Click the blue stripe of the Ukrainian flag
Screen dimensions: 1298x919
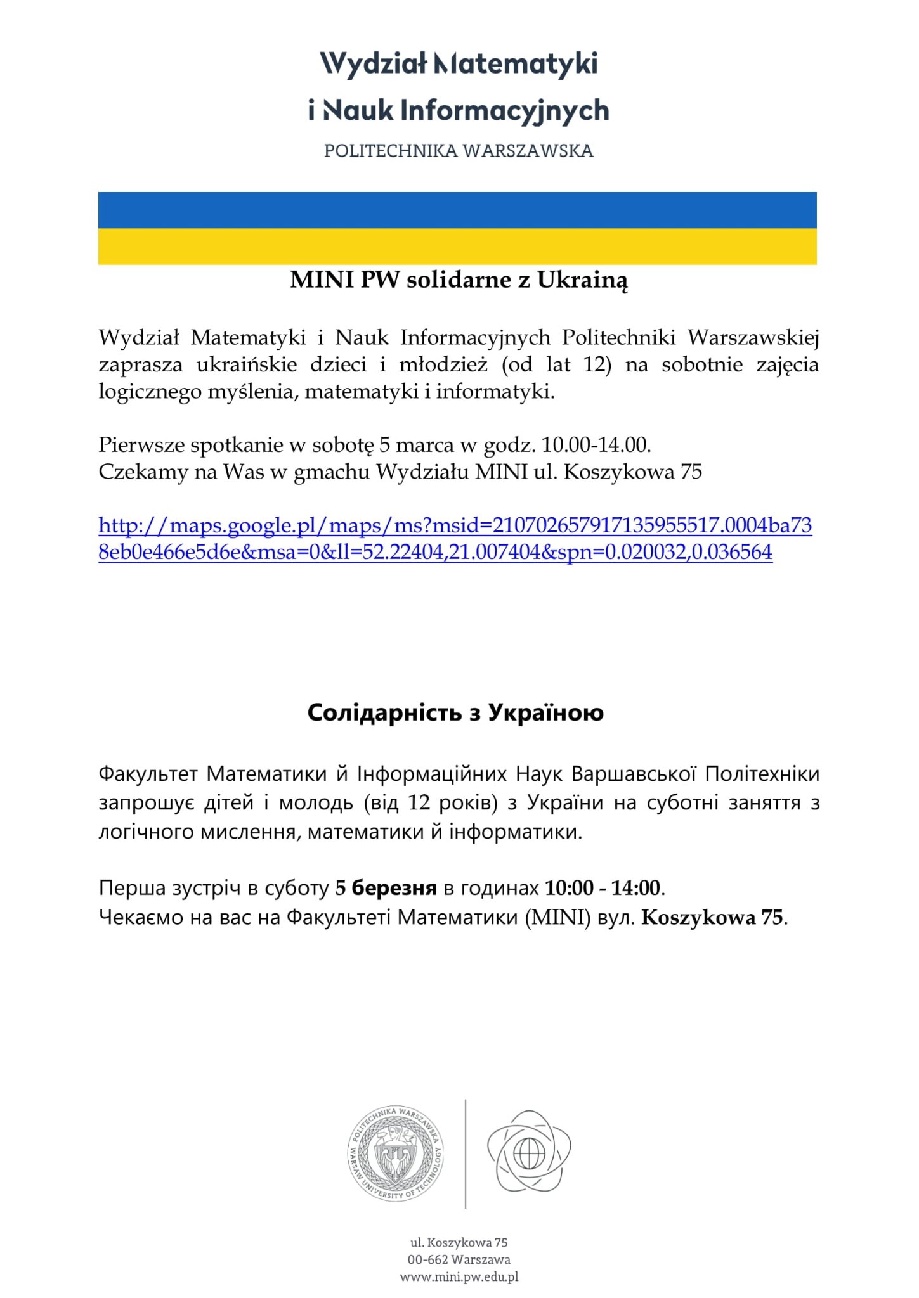tap(457, 210)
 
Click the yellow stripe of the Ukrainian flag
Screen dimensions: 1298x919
tap(457, 247)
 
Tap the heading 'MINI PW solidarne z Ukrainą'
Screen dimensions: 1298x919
tap(459, 280)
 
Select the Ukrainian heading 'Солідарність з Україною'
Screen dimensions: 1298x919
tap(455, 713)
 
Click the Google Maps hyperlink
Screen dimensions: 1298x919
tap(454, 539)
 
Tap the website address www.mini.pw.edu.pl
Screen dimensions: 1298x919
tap(459, 1277)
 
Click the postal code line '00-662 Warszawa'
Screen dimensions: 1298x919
tap(459, 1259)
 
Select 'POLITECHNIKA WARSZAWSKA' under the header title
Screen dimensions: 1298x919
tap(459, 151)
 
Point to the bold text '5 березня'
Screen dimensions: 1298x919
tap(386, 888)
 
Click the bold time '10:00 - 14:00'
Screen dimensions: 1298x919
tap(603, 888)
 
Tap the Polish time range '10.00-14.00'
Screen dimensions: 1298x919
tap(596, 445)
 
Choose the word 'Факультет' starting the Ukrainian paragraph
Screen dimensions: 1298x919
tap(148, 774)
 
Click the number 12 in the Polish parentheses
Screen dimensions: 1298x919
tap(596, 365)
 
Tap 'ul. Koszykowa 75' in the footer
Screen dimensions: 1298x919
tap(459, 1242)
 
